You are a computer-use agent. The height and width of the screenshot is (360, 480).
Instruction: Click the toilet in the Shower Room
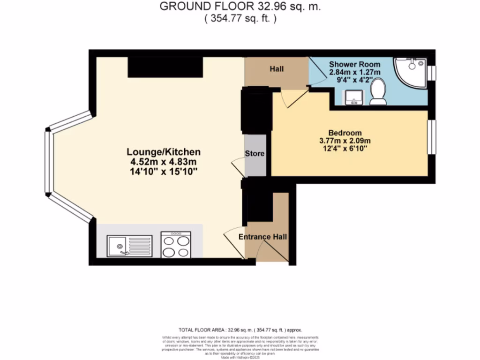378,91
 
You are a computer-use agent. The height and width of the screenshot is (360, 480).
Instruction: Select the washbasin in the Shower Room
353,97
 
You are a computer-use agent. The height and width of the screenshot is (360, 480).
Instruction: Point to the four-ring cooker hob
176,245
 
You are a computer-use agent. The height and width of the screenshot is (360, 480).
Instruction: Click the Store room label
255,154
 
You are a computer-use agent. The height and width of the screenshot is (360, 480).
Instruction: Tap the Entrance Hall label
263,237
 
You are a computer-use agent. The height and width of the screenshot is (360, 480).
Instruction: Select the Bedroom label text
345,133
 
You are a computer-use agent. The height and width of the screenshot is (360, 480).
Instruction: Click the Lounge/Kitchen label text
164,152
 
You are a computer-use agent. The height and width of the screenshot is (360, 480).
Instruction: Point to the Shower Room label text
354,64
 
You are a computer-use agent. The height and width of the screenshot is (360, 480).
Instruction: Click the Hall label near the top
277,69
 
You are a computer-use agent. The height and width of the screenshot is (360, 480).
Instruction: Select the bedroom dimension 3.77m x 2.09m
345,141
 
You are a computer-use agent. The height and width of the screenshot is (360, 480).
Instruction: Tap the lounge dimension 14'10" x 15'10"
164,172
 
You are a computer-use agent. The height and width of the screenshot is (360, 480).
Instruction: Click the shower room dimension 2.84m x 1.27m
354,72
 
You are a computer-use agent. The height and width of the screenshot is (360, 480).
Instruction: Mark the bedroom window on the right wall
432,137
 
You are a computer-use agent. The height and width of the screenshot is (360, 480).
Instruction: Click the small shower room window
432,73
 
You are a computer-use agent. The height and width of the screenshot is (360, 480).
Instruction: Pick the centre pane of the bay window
47,162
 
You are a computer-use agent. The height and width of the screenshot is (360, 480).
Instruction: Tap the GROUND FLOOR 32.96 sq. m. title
240,7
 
